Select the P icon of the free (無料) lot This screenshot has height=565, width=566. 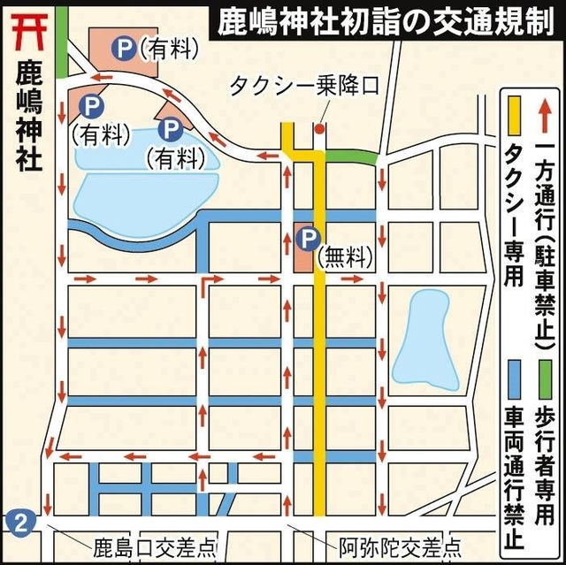coord(307,237)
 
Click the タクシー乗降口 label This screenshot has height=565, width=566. coord(303,86)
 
